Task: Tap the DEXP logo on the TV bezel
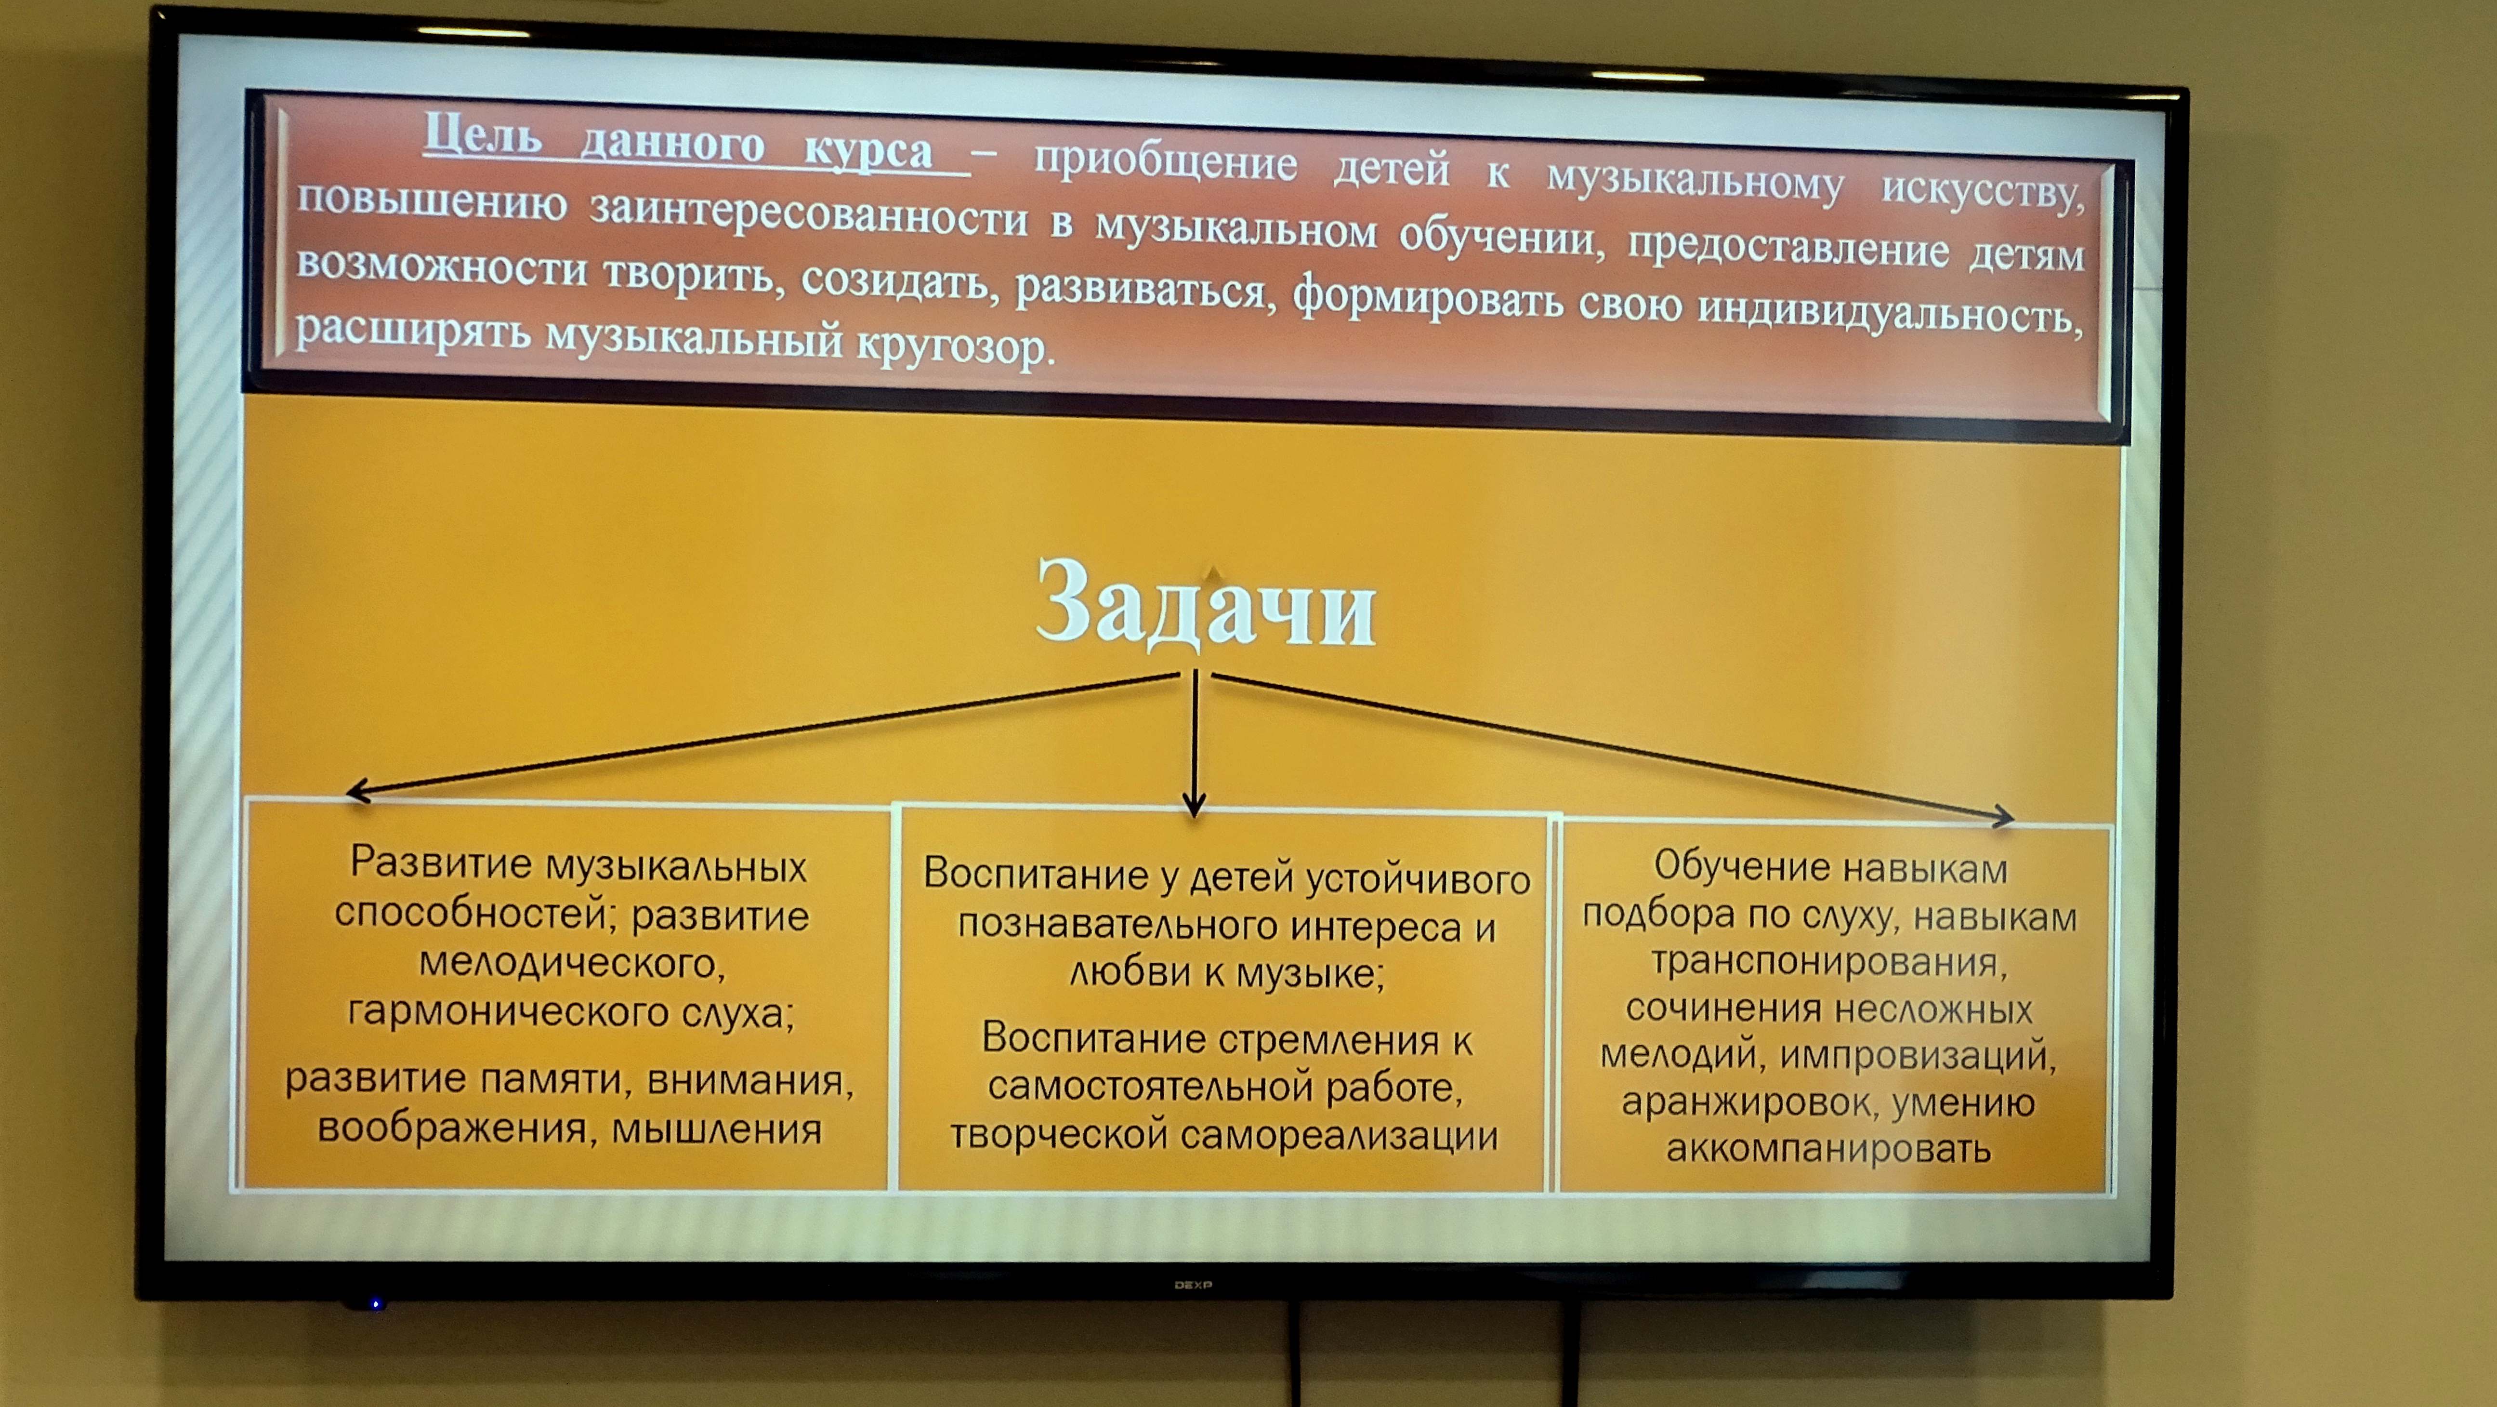click(1193, 1285)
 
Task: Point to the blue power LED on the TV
click(375, 1304)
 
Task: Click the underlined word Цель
click(482, 135)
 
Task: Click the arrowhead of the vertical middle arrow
click(1194, 805)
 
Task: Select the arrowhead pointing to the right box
click(2004, 817)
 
